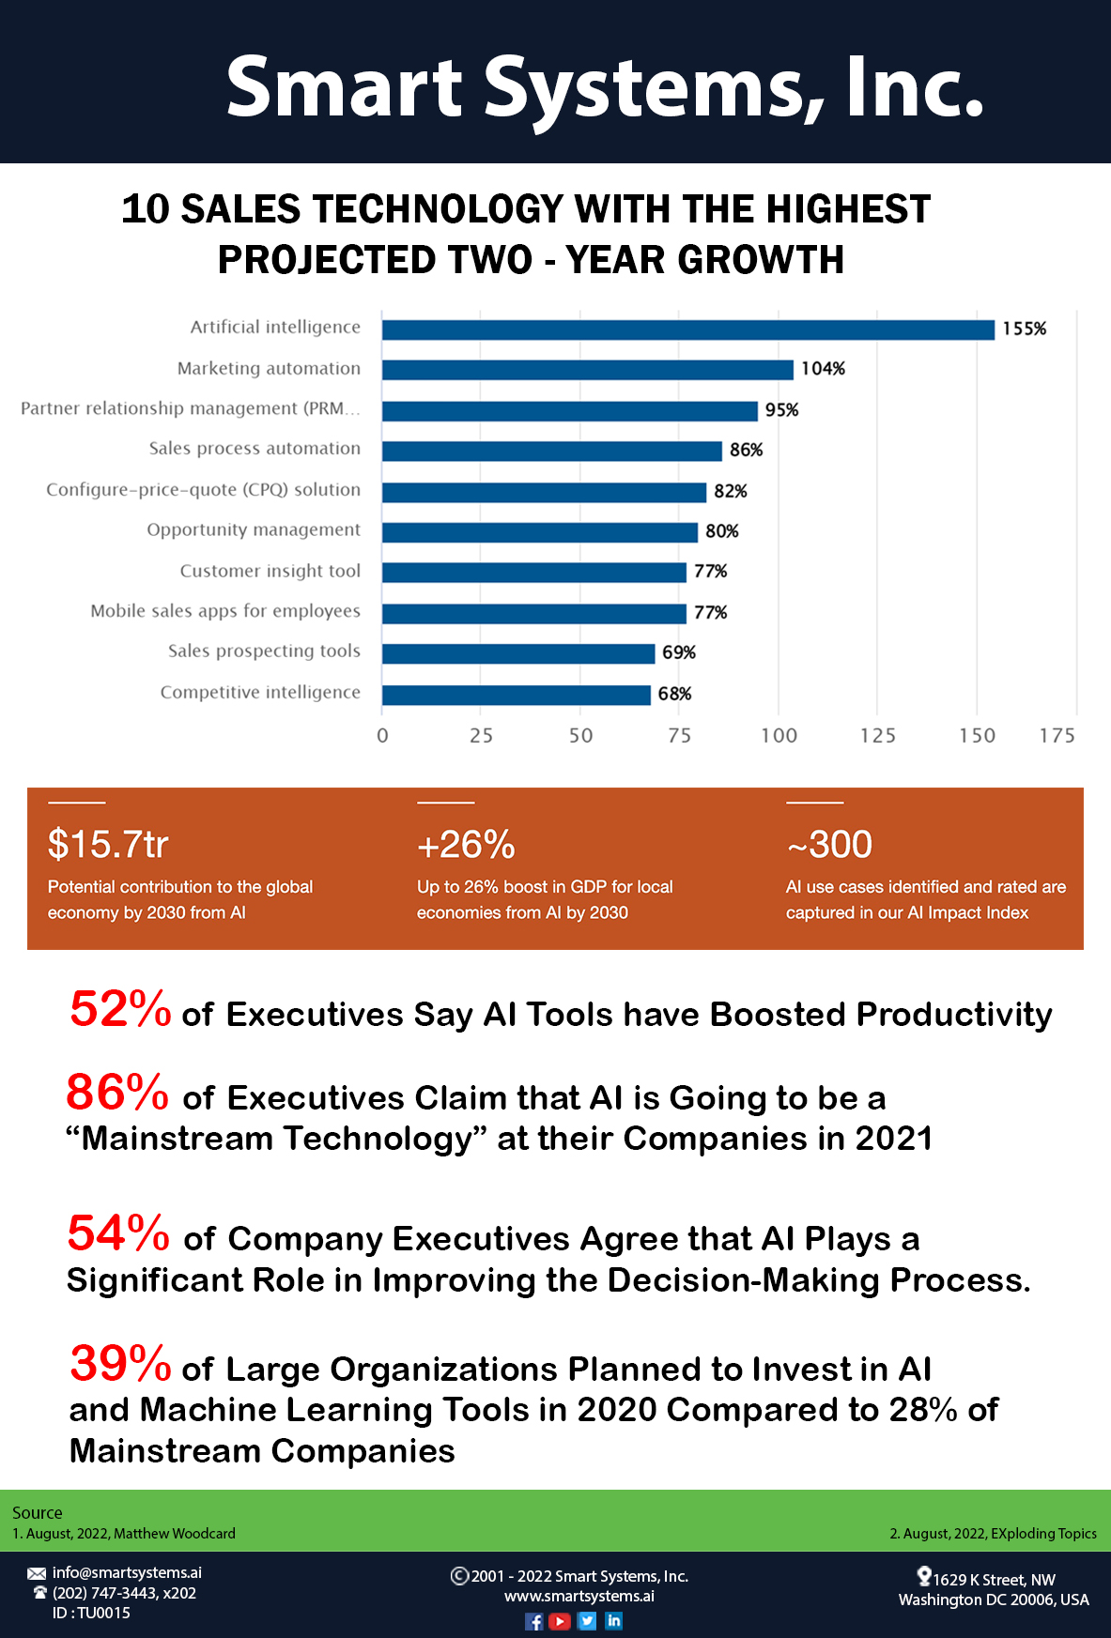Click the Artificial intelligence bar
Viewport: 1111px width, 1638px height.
pyautogui.click(x=687, y=329)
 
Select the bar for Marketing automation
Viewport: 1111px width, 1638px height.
pyautogui.click(x=587, y=370)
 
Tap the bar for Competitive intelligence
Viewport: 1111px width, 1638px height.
pyautogui.click(x=516, y=695)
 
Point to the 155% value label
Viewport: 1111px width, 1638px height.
pyautogui.click(x=1024, y=329)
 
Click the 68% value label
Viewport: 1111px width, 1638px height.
pyautogui.click(x=674, y=694)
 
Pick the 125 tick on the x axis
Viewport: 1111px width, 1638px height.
pyautogui.click(x=877, y=735)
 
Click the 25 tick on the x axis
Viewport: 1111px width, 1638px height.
pyautogui.click(x=481, y=735)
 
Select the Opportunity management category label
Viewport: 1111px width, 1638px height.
pyautogui.click(x=254, y=530)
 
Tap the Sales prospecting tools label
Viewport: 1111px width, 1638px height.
pyautogui.click(x=264, y=651)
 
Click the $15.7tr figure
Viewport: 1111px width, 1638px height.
pyautogui.click(x=108, y=844)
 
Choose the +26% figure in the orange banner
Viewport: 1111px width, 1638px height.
pyautogui.click(x=466, y=845)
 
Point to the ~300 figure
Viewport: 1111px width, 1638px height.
pyautogui.click(x=829, y=844)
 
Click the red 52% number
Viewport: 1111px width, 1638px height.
pyautogui.click(x=120, y=1009)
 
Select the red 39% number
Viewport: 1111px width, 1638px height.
pyautogui.click(x=120, y=1364)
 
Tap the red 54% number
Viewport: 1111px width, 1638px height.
pyautogui.click(x=118, y=1233)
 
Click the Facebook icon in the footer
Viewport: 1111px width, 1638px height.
pyautogui.click(x=533, y=1621)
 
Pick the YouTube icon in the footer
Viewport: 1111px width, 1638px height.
pyautogui.click(x=560, y=1621)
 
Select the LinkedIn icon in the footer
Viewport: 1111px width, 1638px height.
pyautogui.click(x=614, y=1621)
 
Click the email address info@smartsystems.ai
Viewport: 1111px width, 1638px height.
pyautogui.click(x=127, y=1572)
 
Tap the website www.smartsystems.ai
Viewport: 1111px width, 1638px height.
pyautogui.click(x=579, y=1596)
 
